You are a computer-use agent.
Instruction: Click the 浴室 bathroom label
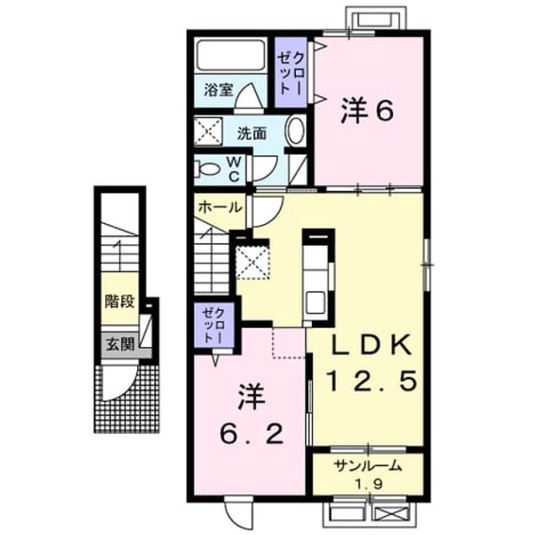coord(219,89)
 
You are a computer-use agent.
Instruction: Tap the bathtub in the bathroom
coord(231,55)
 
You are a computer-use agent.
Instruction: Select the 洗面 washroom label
coord(252,134)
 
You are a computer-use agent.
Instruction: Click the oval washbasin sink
coord(295,131)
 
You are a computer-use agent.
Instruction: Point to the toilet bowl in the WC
coord(207,169)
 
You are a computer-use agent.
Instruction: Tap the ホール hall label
coord(220,206)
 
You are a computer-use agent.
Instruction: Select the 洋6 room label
coord(368,110)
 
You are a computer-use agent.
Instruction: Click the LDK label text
coord(371,345)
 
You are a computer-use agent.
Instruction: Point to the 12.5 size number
coord(372,380)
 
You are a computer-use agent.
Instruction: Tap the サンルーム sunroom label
coord(369,466)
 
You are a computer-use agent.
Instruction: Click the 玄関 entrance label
coord(120,344)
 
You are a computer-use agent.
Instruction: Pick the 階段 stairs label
coord(120,301)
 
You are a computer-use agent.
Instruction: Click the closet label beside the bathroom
coord(291,73)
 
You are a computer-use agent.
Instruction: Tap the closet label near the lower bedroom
coord(213,325)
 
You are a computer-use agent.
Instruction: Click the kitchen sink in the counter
coord(316,302)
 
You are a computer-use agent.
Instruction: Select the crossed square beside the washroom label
coord(208,132)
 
